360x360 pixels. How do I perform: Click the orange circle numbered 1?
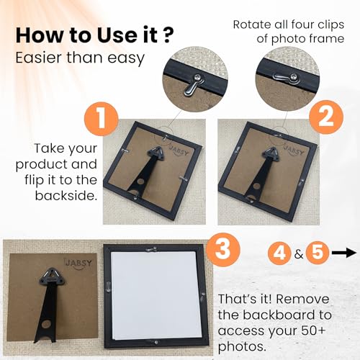[102, 119]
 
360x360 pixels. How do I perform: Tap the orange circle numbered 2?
[326, 117]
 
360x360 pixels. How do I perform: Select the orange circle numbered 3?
[223, 249]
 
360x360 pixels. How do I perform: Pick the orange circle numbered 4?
[279, 253]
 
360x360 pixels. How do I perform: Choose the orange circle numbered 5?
[318, 253]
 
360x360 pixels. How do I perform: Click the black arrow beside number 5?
[343, 253]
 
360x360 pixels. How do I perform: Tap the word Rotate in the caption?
[251, 24]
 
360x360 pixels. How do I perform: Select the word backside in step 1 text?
[66, 196]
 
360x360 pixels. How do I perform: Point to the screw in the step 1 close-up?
[199, 77]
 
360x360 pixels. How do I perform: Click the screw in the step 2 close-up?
[293, 77]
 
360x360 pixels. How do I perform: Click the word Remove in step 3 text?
[302, 299]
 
